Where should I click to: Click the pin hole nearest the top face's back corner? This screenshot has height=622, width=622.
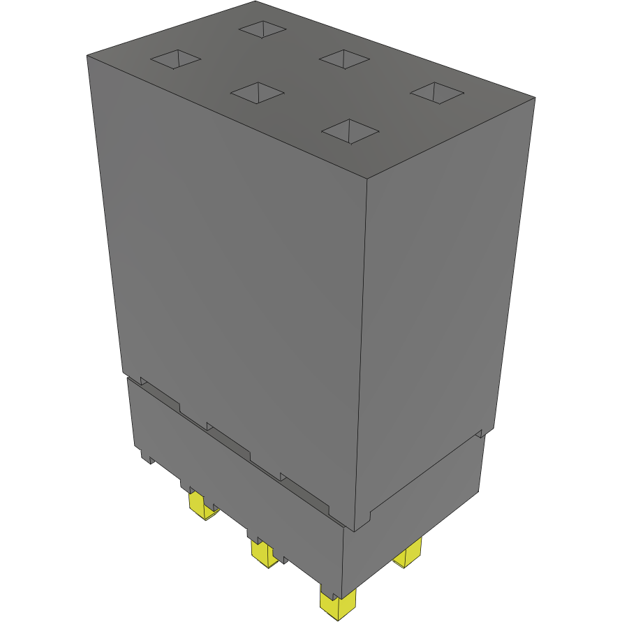(262, 29)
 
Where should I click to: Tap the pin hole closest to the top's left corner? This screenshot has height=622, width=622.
(175, 59)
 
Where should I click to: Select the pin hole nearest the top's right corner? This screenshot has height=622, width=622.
(436, 92)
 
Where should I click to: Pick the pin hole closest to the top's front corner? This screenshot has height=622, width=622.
(350, 131)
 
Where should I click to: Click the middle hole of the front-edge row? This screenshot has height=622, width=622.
(257, 92)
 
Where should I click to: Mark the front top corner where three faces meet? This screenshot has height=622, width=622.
(368, 179)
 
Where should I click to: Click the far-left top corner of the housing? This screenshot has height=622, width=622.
(87, 56)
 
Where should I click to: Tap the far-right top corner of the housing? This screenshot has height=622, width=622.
(535, 98)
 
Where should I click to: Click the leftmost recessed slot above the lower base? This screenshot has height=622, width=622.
(161, 395)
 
